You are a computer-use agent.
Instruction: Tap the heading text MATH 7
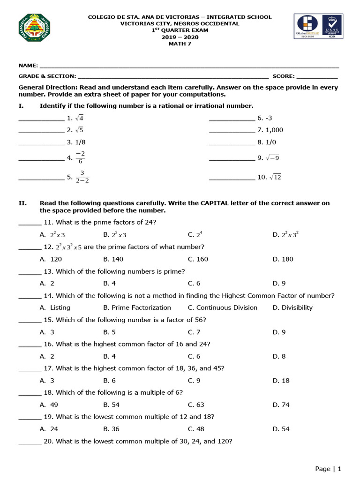tap(180, 45)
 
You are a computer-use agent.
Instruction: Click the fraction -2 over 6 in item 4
tap(80, 157)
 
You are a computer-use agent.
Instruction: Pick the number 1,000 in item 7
tap(274, 130)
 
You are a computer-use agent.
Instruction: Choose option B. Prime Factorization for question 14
tap(137, 307)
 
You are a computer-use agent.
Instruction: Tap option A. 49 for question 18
tap(49, 405)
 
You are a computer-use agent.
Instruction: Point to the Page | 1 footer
tap(328, 468)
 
